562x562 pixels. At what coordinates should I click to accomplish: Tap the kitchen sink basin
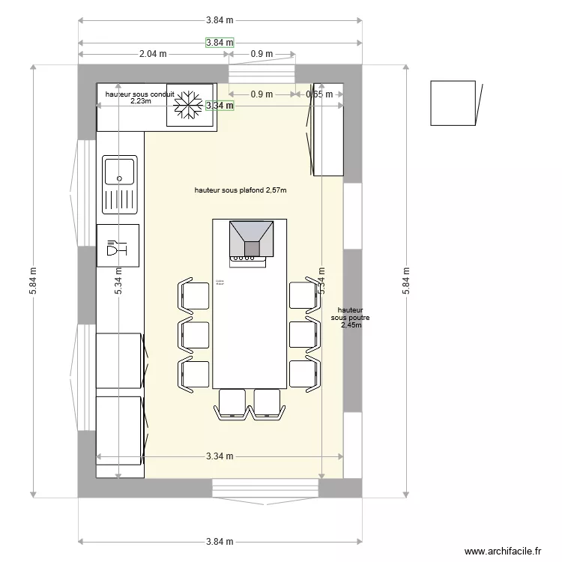click(120, 171)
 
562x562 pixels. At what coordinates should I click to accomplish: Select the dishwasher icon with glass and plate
click(118, 245)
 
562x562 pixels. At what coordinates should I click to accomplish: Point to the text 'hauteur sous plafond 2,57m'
click(240, 191)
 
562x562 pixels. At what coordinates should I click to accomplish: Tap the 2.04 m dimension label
click(152, 54)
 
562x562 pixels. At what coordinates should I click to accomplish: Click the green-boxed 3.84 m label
click(220, 43)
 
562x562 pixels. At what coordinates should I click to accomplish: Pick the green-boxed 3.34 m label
click(220, 106)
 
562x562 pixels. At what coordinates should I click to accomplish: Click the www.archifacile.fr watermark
click(502, 551)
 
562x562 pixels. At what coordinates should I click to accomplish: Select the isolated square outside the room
click(452, 103)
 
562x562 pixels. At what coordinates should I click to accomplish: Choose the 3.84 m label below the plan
click(220, 542)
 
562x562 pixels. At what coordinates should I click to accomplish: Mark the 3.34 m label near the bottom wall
click(220, 456)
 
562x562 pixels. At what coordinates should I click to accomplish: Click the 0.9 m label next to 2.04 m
click(262, 54)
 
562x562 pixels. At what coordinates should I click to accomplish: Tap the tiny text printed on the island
click(220, 282)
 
